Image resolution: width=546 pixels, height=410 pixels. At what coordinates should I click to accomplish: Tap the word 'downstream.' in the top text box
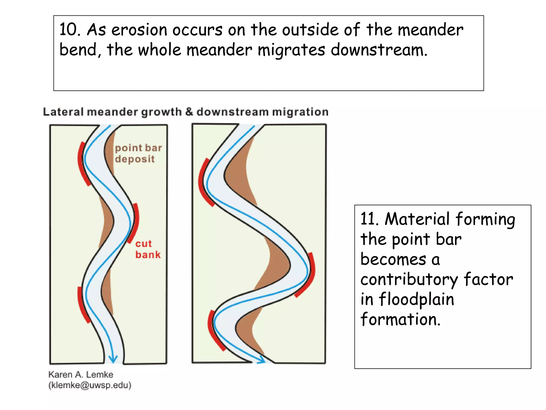point(379,50)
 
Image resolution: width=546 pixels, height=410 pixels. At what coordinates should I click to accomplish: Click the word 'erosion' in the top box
point(139,30)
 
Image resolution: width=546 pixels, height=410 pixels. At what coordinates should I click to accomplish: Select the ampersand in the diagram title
point(189,112)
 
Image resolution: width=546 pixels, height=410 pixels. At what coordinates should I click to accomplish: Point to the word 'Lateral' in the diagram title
point(63,112)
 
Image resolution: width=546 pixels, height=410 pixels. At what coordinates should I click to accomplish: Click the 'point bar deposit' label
point(138,153)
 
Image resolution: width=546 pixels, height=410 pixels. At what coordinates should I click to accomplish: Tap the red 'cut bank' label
point(148,249)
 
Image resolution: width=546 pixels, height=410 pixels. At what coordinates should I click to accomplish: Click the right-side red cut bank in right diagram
point(309,275)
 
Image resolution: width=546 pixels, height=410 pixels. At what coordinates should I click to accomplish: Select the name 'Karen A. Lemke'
point(81,374)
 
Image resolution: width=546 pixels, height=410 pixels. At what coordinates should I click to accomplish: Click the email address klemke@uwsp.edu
point(90,385)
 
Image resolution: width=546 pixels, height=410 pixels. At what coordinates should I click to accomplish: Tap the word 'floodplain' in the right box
point(416,299)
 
